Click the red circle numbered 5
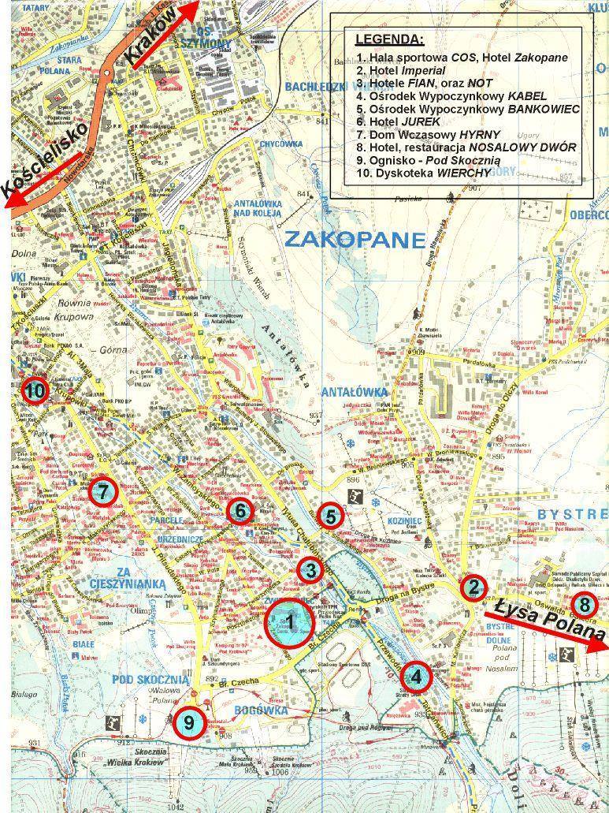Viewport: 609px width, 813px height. click(x=331, y=517)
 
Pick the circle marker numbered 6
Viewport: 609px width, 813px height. click(x=240, y=511)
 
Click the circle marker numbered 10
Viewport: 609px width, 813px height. click(x=35, y=390)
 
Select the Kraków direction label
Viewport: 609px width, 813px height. click(x=159, y=41)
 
